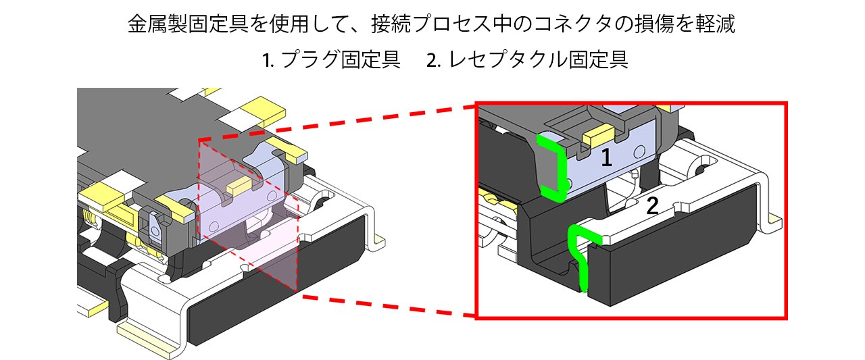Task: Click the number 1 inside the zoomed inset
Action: (606, 157)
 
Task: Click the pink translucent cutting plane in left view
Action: (250, 223)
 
